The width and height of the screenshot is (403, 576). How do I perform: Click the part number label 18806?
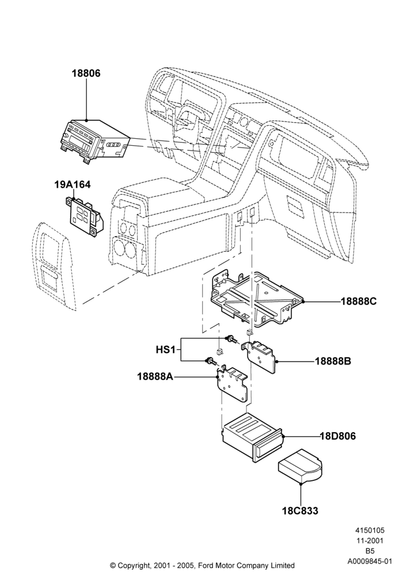[x=86, y=74]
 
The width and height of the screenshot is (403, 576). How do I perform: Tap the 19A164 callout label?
[x=73, y=184]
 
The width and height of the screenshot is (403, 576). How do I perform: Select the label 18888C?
[x=359, y=301]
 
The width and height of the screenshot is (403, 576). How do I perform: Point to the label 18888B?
[x=333, y=361]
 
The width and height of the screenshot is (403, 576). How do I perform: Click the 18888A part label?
[x=155, y=377]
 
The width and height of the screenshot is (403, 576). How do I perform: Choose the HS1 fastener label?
[x=166, y=350]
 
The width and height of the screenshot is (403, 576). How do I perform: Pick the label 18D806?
[x=338, y=436]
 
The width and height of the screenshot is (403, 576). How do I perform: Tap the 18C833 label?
[x=300, y=510]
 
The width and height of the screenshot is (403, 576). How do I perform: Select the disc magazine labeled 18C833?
[x=300, y=467]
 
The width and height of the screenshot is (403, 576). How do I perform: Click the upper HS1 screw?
[x=231, y=339]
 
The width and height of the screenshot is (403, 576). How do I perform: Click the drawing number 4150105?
[x=369, y=530]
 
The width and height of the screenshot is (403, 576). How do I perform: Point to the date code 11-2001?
[x=369, y=541]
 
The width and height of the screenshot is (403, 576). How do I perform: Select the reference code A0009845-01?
[x=369, y=561]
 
